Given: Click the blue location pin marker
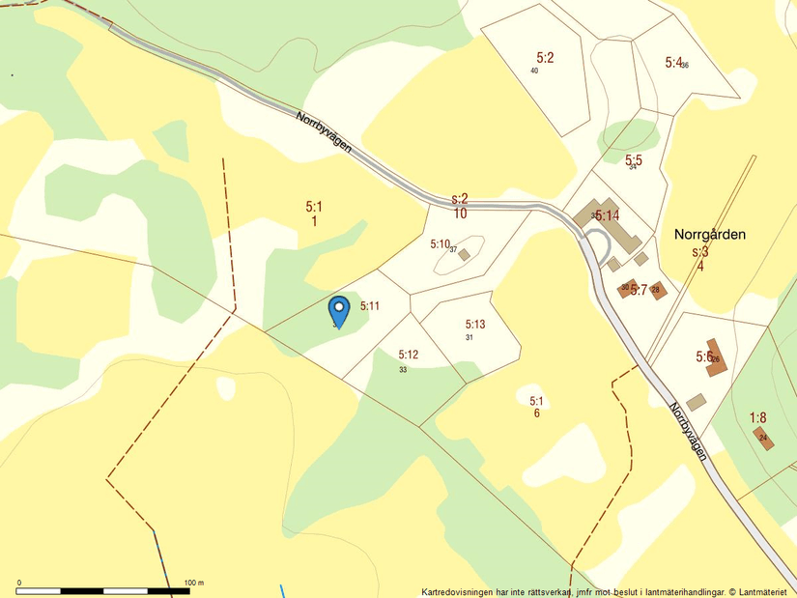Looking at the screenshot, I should pos(338,310).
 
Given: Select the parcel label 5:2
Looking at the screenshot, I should pos(545,58).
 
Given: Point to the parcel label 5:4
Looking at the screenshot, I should pos(673,62).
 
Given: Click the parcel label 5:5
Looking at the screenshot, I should pos(634,159).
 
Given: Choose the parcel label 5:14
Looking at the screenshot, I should pos(607,215).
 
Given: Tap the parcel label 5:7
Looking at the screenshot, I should pos(639,289).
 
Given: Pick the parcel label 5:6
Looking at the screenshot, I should pos(704,356).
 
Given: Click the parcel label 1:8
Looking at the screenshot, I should pos(758,418).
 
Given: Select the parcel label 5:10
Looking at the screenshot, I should pos(441,244).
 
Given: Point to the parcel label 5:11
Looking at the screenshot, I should pos(370,306).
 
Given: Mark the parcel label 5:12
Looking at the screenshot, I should pos(408,355).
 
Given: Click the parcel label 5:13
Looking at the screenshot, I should pos(475,325).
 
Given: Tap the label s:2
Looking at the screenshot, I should pos(460,199).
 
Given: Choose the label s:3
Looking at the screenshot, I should pos(700,252).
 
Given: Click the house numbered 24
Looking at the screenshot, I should pos(762,437).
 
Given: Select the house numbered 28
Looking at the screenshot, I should pos(658,290).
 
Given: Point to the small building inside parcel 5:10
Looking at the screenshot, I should pos(464,255).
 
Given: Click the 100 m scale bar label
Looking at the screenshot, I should pos(193,583).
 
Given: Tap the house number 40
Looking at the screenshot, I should pos(534,71).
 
